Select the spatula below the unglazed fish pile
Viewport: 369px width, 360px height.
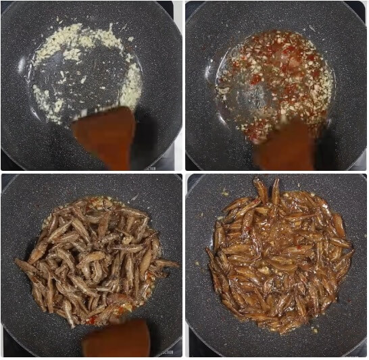pos(116,339)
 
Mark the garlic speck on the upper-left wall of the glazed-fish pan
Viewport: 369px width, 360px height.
pos(224,193)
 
